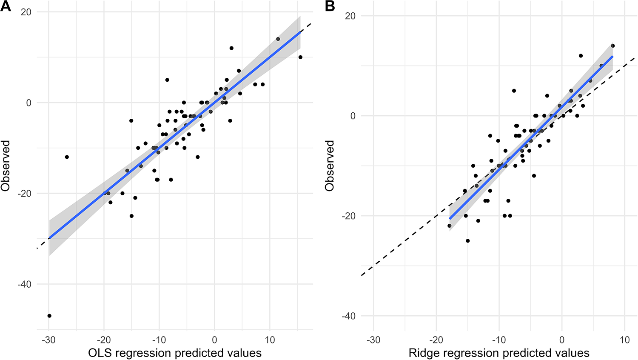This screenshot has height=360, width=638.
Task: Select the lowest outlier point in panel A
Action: coord(49,316)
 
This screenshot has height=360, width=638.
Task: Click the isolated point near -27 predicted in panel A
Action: coord(67,157)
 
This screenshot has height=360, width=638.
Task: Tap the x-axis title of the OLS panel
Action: coord(175,353)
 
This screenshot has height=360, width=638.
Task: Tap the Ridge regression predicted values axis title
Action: coord(499,353)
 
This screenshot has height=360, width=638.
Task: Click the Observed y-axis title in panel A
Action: coord(6,166)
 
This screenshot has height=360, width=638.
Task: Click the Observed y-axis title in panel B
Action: coord(330,166)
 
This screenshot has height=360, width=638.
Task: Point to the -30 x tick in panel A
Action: coord(48,340)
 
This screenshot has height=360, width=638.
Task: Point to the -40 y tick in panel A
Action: coord(24,284)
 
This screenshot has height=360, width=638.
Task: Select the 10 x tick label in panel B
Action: coord(624,340)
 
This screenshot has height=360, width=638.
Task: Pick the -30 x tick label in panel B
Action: coord(373,340)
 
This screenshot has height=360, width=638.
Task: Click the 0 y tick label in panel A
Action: coord(28,103)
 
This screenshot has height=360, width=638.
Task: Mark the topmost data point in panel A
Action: coord(278,39)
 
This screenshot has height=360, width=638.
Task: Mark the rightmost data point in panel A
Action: coord(300,57)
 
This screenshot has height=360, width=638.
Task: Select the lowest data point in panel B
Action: coord(468,241)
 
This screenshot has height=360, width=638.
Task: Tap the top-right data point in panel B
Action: coord(613,46)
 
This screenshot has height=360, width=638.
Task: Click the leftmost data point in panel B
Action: coord(449,226)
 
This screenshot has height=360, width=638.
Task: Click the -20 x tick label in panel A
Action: coord(104,340)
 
